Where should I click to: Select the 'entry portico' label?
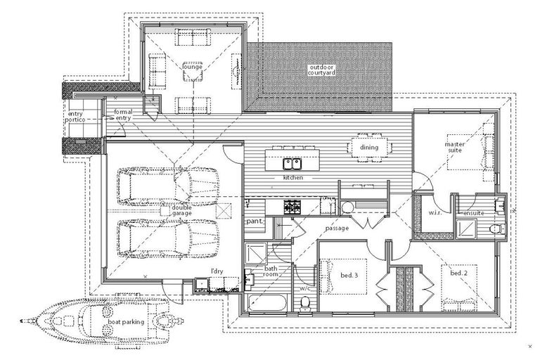tap(76, 117)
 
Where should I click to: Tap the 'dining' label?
tap(369, 148)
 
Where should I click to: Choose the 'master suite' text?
tap(456, 148)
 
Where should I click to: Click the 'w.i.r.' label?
tap(435, 212)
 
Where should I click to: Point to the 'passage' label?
tap(337, 229)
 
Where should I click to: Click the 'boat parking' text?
tap(127, 322)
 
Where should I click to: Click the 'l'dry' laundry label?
tap(217, 271)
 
